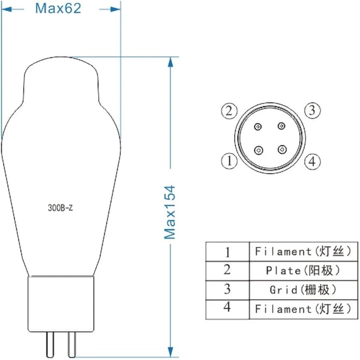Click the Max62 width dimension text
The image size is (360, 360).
click(x=58, y=8)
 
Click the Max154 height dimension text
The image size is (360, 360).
click(x=170, y=212)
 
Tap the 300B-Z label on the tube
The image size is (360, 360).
click(x=60, y=208)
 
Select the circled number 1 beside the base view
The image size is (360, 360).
click(x=230, y=161)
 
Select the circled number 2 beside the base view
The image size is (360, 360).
click(x=229, y=111)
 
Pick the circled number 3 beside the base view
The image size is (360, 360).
click(x=312, y=110)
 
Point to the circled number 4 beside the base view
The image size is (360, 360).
click(x=312, y=161)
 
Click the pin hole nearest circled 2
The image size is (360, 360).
click(x=258, y=126)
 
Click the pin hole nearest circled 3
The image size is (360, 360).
click(x=282, y=126)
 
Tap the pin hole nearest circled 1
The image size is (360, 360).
click(x=259, y=150)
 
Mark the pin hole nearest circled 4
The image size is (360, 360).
click(x=282, y=149)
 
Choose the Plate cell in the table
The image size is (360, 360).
click(x=303, y=270)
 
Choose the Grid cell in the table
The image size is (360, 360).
click(x=303, y=290)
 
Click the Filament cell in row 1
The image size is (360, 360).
click(x=303, y=251)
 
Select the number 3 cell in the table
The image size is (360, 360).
click(x=227, y=289)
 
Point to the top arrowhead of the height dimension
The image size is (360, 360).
click(x=171, y=62)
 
